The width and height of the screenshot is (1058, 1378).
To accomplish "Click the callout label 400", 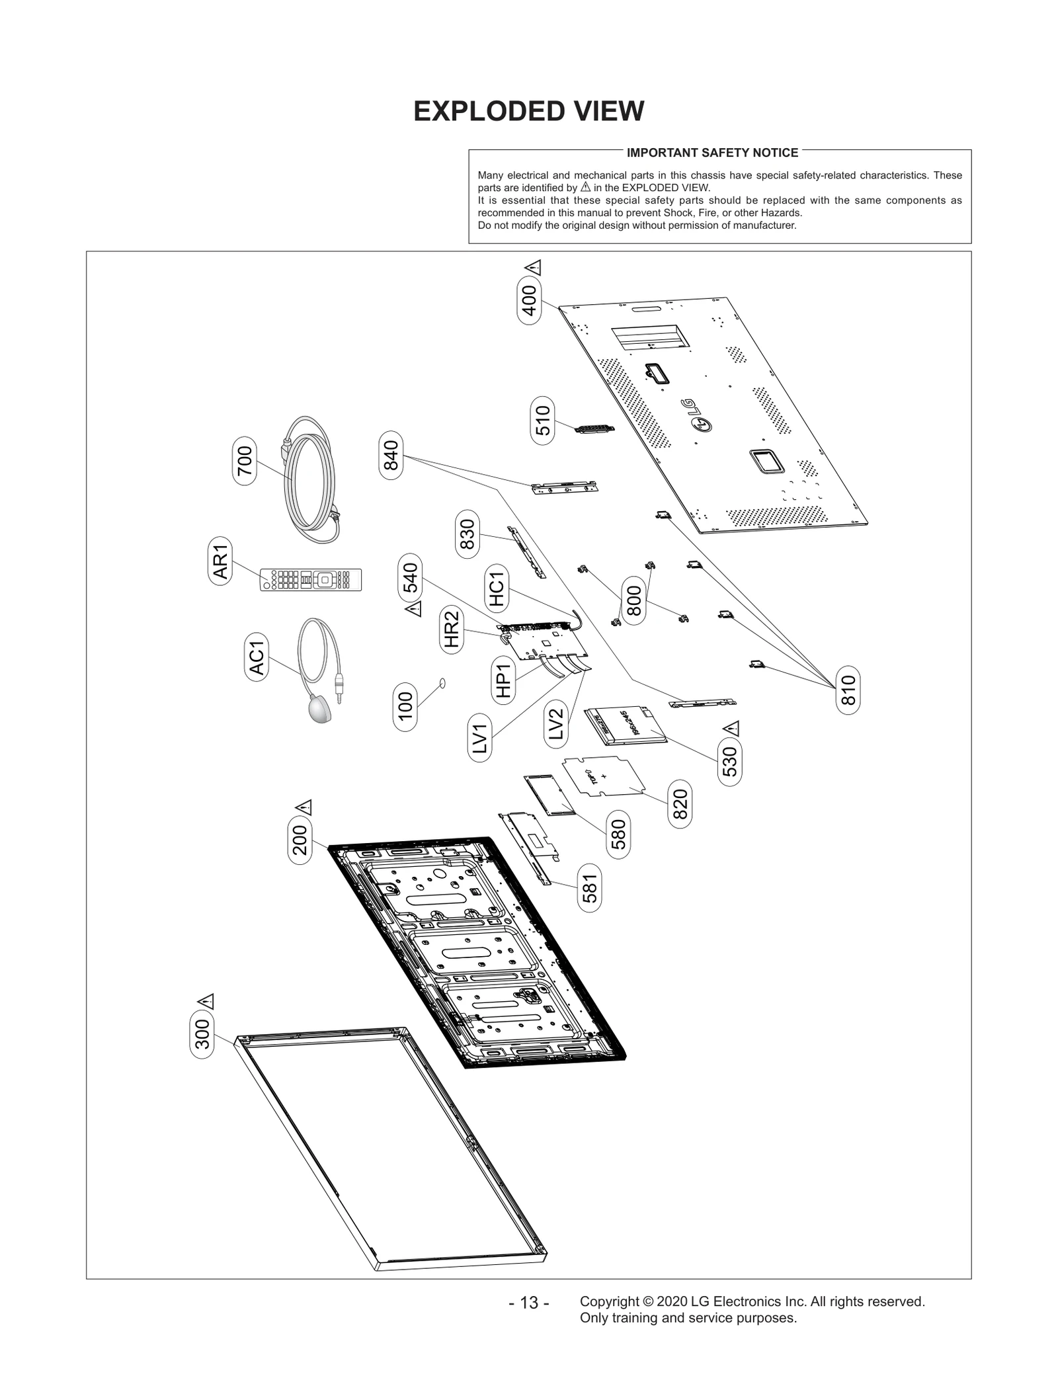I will pos(530,300).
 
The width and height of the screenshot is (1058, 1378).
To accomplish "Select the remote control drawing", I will pos(311,580).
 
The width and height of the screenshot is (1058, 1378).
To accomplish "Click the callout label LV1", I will pos(480,739).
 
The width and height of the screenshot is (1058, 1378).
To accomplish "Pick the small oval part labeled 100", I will pos(443,682).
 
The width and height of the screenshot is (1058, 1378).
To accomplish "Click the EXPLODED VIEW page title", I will pos(528,111).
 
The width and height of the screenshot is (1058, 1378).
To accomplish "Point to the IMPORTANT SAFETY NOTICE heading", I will pos(712,153).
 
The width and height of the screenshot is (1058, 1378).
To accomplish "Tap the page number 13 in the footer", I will pos(528,1303).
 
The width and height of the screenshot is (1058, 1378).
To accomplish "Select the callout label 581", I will pos(590,888).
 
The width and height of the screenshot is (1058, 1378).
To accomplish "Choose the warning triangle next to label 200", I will pos(304,807).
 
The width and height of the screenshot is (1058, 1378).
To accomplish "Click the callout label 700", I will pos(245,461).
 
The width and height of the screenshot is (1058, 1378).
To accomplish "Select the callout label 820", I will pos(680,804).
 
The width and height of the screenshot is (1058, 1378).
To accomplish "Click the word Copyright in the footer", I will pos(609,1301).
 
